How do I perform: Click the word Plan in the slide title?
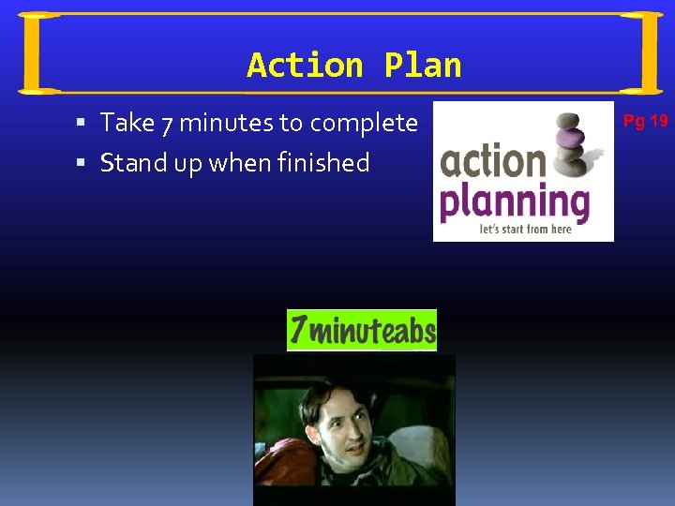[423, 66]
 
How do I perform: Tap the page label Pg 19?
[645, 120]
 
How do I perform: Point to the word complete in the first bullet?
[364, 123]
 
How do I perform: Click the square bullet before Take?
[82, 123]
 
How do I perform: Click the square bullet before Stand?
[82, 163]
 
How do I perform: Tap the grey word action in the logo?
[492, 160]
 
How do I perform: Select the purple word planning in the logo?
[515, 201]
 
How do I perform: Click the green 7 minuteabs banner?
[362, 330]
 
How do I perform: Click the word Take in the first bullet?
[127, 123]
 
